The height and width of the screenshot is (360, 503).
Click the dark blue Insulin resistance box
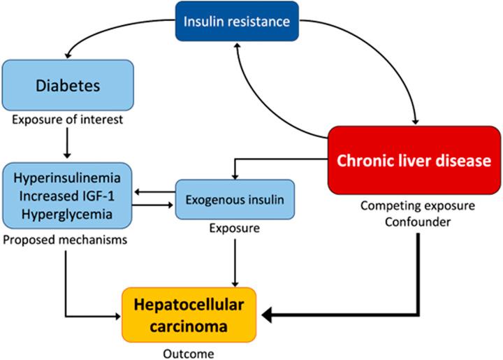(237, 20)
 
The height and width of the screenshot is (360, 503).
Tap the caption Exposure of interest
(67, 120)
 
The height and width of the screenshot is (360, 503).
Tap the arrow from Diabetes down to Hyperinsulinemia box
(67, 143)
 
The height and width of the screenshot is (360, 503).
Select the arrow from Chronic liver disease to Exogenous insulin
(279, 159)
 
